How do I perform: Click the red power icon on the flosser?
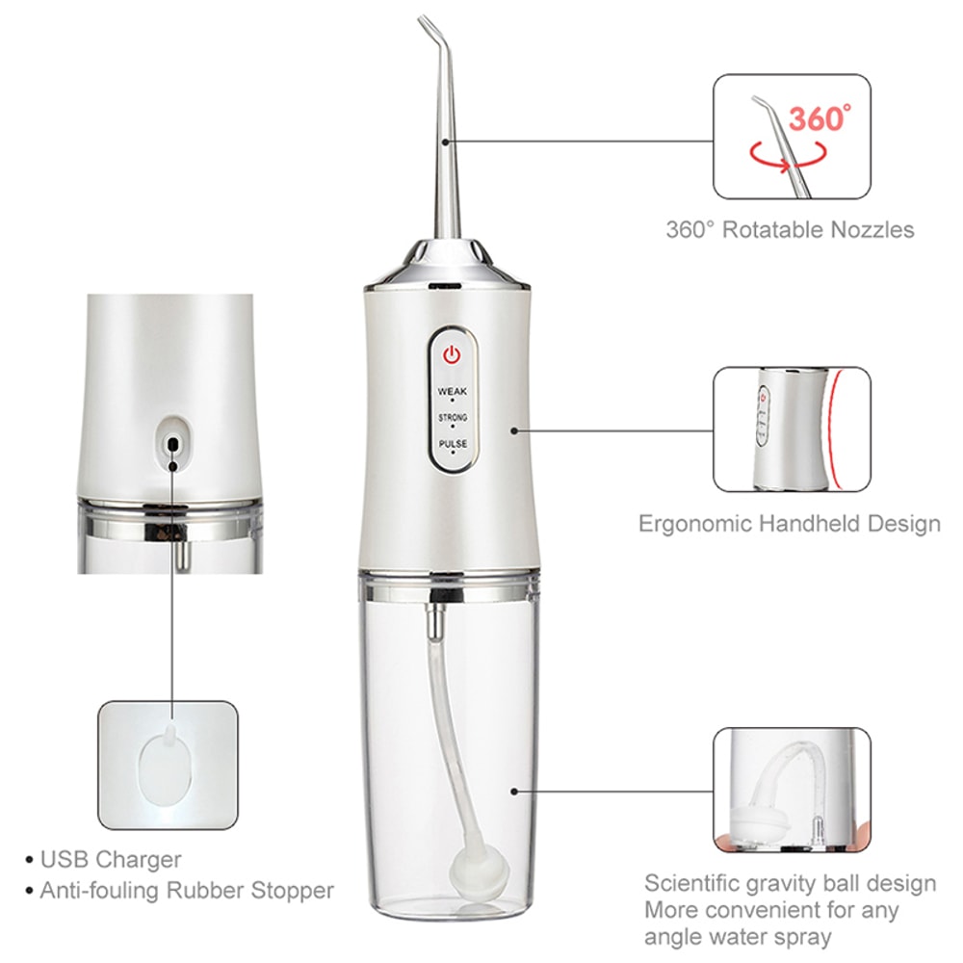[452, 354]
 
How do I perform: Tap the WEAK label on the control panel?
[452, 392]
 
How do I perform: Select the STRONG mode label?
[452, 418]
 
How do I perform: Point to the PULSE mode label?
[452, 444]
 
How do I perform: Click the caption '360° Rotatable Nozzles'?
[790, 230]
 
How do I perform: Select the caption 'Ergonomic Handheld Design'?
[790, 524]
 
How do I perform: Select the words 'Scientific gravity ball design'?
[790, 883]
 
